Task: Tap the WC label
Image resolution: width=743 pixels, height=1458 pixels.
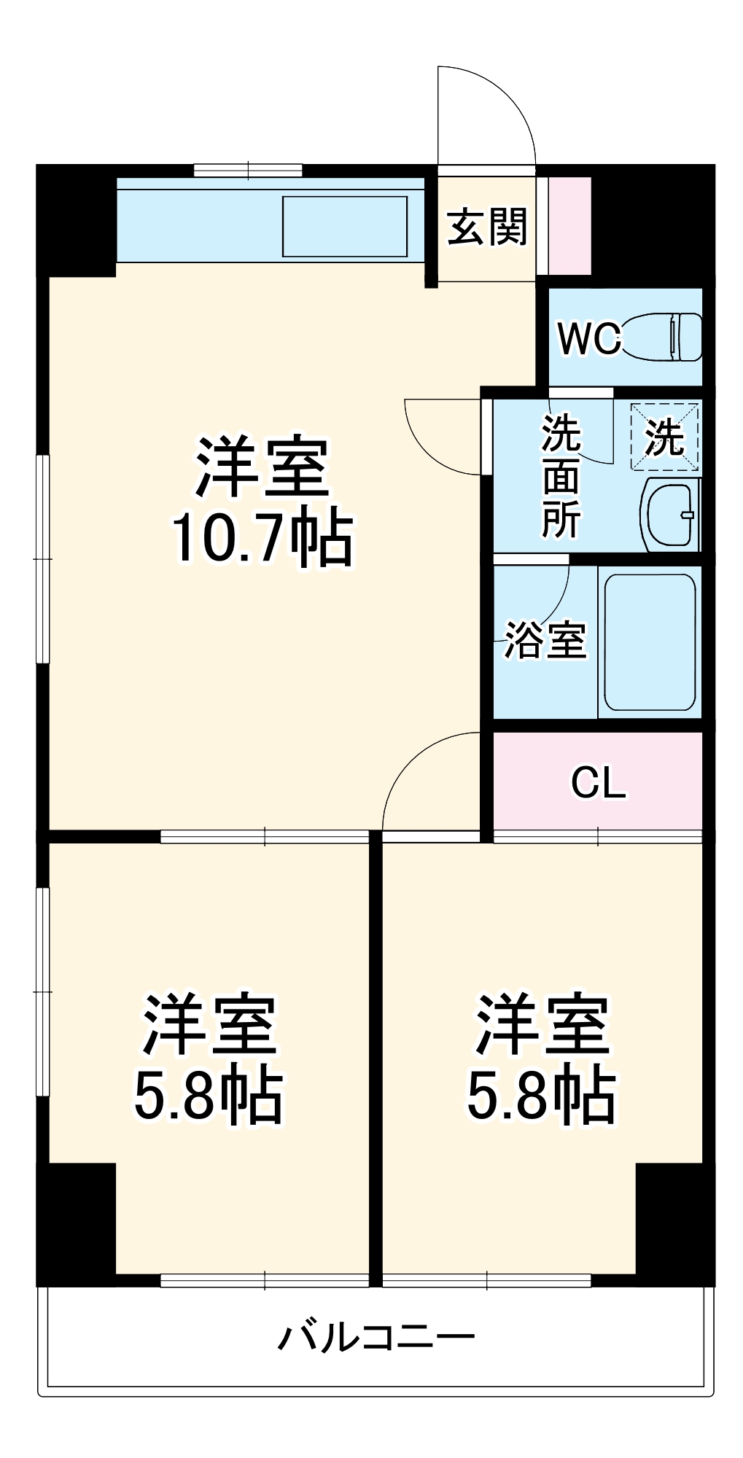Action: (589, 338)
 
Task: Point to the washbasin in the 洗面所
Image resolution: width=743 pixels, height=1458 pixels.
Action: (669, 513)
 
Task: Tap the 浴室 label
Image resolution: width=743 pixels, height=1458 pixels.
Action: (545, 640)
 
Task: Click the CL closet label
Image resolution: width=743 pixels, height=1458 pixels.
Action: (598, 783)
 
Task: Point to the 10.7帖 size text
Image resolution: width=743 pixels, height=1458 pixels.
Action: (261, 540)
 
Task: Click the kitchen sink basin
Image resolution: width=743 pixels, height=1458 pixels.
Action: (344, 226)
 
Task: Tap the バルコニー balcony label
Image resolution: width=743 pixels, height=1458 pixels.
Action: (376, 1337)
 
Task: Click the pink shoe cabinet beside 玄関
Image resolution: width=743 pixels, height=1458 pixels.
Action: (569, 225)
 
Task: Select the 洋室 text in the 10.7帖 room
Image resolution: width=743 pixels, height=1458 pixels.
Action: (261, 467)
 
